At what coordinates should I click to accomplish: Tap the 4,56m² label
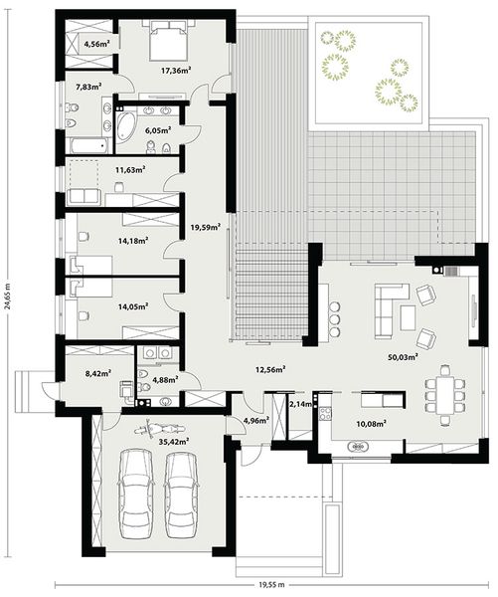tap(96, 44)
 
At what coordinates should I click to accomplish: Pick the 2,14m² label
tap(298, 404)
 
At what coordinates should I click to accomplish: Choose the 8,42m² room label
tap(96, 374)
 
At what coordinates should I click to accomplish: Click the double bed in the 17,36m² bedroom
tap(164, 43)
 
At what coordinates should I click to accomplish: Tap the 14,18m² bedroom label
tap(132, 240)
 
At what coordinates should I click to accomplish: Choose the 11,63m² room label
tap(130, 170)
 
